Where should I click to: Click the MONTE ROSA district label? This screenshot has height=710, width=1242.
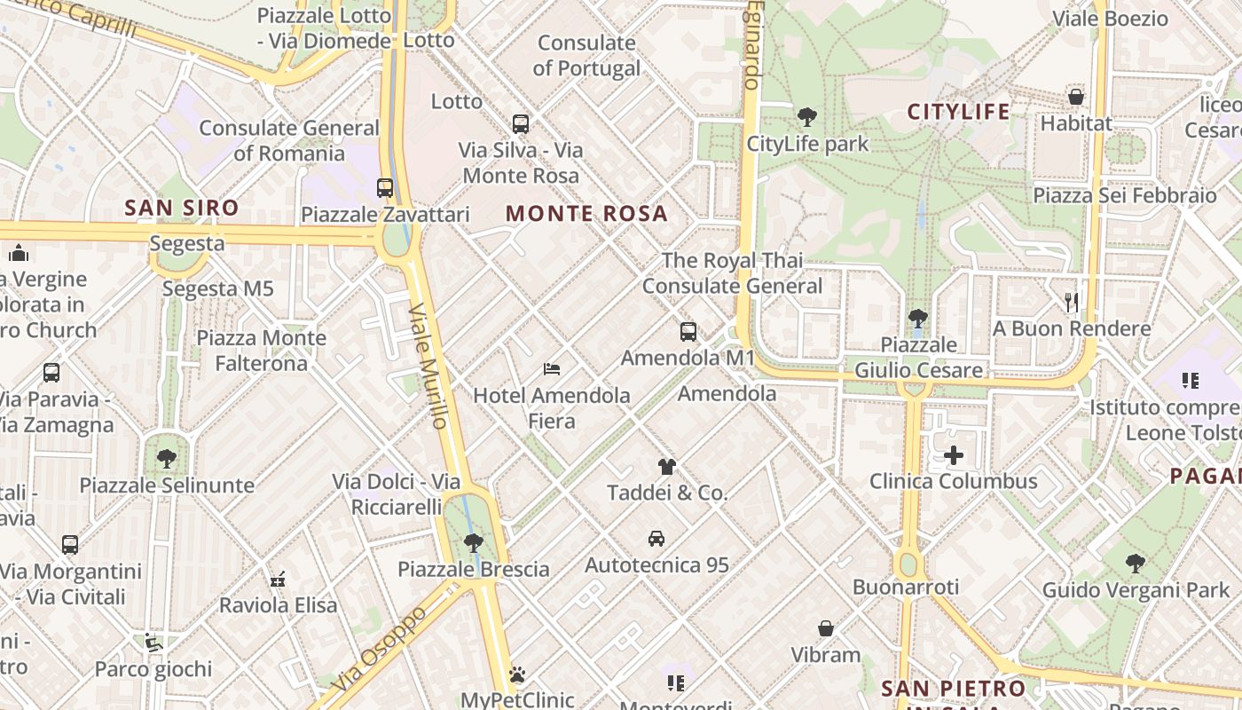coord(586,214)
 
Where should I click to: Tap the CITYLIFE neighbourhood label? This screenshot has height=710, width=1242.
coord(958,112)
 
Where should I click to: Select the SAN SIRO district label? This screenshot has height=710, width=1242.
coord(182,209)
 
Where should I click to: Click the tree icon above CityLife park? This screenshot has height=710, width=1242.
coord(807,116)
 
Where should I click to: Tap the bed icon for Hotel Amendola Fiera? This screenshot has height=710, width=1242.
coord(552,368)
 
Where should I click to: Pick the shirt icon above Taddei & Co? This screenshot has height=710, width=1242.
coord(667,466)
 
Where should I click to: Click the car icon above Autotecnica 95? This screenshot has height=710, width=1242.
coord(656,538)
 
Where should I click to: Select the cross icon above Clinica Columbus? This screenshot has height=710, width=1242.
coord(954,455)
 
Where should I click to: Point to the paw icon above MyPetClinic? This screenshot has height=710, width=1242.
coord(518,674)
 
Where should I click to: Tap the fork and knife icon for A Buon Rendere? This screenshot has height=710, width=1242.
coord(1072,303)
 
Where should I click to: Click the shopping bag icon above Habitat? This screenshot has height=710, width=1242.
coord(1076,97)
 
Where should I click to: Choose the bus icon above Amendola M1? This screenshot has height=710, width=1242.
coord(688,332)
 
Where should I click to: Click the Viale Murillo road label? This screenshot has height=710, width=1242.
coord(429,366)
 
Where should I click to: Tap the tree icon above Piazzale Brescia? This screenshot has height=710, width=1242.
coord(474,542)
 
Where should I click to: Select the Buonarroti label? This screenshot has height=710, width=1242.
coord(906,588)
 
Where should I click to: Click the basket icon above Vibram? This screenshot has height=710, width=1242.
coord(826,629)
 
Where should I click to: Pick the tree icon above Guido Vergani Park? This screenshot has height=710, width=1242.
coord(1136,563)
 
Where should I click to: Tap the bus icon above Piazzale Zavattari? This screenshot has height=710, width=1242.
coord(385,188)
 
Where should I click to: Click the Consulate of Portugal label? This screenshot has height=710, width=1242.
coord(586,55)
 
